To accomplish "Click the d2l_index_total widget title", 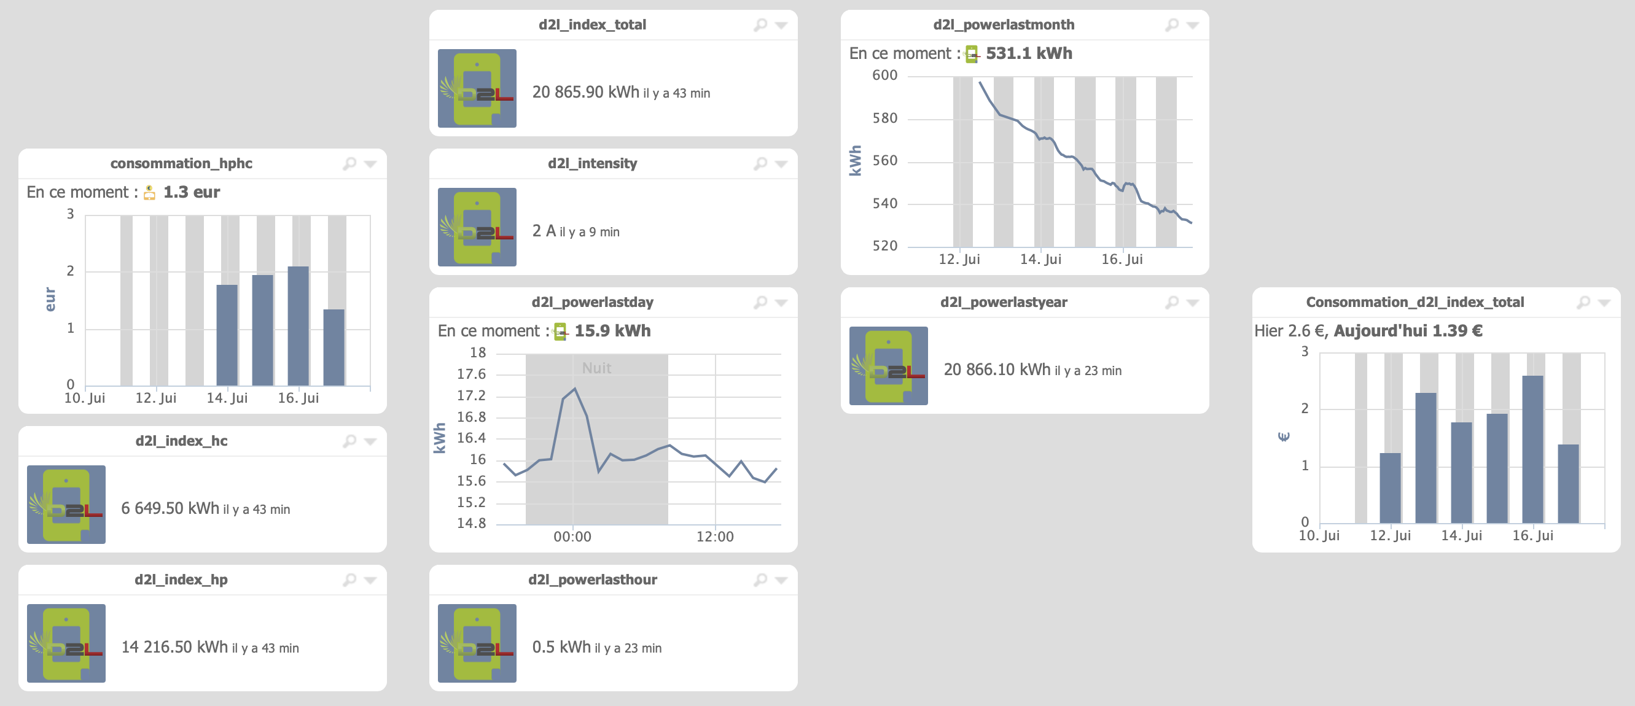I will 591,25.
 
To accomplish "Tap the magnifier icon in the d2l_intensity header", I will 760,164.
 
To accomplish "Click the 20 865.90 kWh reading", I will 585,93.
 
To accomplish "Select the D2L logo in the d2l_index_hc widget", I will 66,504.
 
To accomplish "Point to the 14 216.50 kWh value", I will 174,647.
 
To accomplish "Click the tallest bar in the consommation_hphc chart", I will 298,325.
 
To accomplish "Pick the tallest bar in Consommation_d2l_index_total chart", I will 1532,449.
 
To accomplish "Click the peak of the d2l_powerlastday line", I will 574,388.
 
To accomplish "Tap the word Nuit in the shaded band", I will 596,368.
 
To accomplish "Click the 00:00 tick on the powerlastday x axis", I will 572,537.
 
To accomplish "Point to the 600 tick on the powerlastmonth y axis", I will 885,76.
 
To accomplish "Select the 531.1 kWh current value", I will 1029,53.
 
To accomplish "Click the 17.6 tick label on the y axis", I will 471,374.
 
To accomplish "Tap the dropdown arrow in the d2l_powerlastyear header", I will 1193,303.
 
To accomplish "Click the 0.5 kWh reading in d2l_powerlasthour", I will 561,647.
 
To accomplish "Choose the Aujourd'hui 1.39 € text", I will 1408,331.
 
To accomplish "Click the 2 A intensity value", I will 544,231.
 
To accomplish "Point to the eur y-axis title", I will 50,300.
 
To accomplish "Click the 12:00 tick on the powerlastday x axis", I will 715,537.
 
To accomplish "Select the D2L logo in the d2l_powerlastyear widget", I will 888,366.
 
